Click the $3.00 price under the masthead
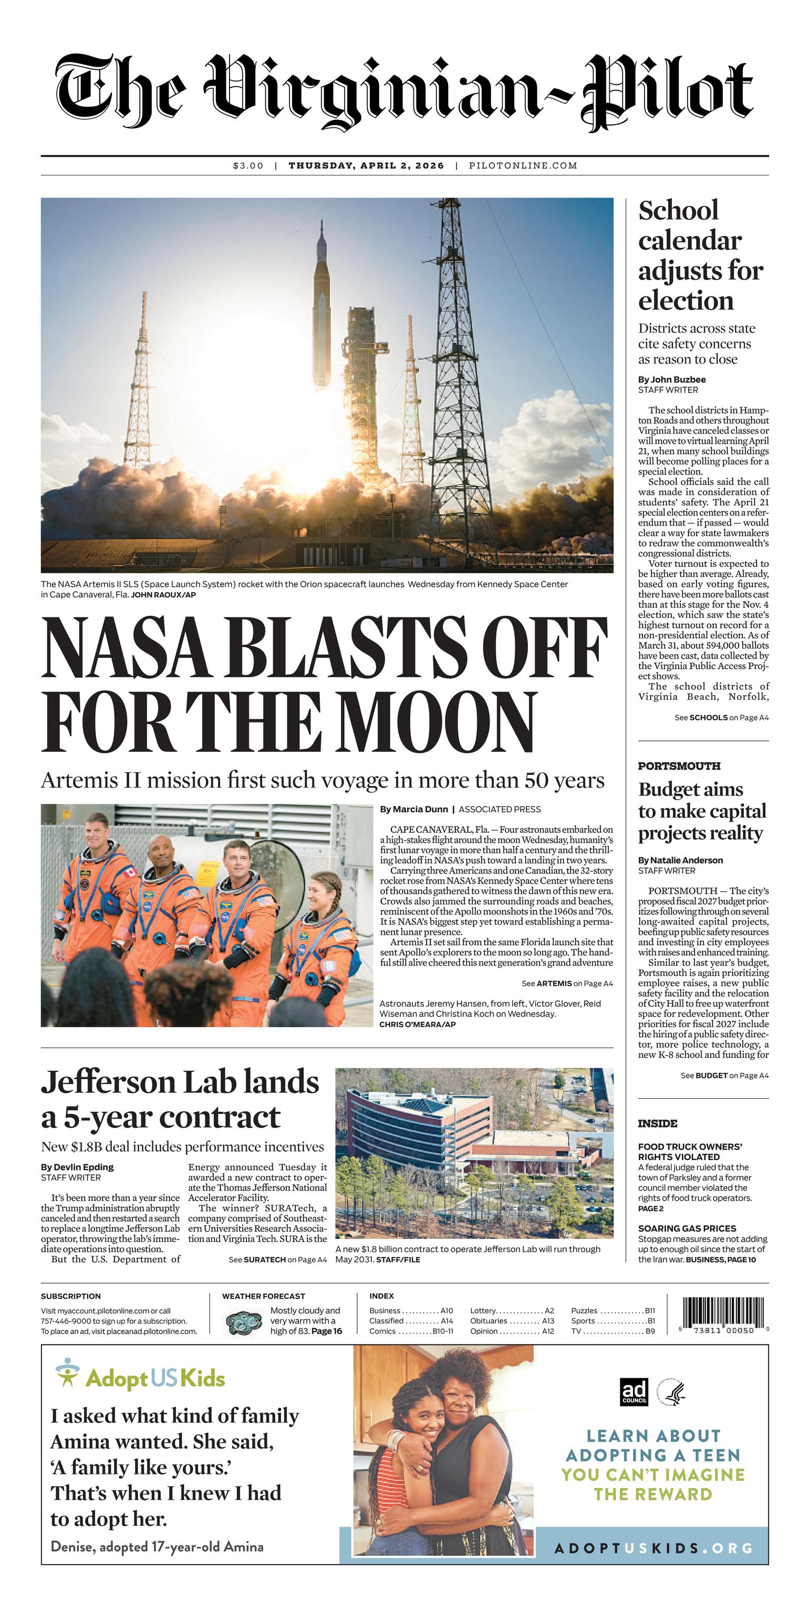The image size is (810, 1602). pos(248,166)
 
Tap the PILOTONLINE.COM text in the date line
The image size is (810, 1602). pos(523,166)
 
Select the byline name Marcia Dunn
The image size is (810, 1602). pos(420,809)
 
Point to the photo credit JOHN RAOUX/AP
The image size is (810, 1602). pos(163,595)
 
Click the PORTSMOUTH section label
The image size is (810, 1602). pos(679,766)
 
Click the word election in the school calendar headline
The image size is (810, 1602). pos(686,301)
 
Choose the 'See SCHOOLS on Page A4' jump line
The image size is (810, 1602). pos(721,717)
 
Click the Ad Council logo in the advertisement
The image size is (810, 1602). pos(634,1392)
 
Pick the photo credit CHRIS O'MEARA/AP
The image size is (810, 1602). pos(417,1024)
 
